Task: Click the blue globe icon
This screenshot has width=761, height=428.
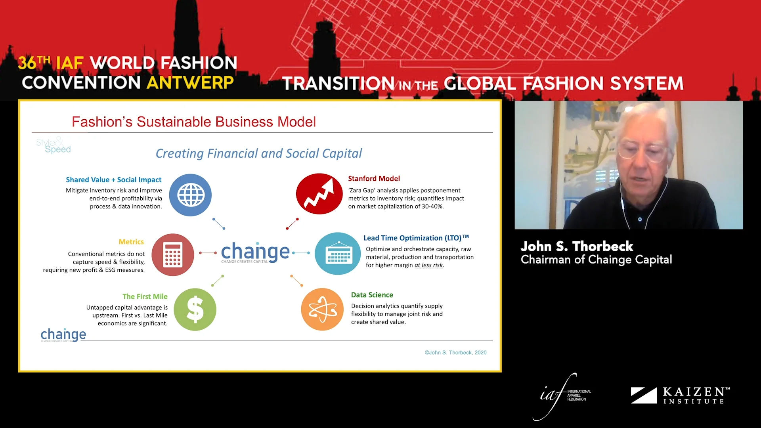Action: pos(190,195)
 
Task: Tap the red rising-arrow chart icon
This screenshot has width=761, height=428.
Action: pos(319,194)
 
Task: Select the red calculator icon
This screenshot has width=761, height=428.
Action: pos(173,254)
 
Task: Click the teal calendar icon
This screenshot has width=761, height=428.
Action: pos(338,254)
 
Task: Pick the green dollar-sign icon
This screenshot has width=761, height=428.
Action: pos(195,310)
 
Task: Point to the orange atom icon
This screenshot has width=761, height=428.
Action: pos(322,310)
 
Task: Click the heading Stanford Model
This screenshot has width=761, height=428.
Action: pos(374,179)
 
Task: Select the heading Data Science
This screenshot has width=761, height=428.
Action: pos(372,295)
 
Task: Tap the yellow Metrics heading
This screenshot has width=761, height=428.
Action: pos(131,242)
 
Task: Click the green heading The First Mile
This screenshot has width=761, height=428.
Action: pos(145,296)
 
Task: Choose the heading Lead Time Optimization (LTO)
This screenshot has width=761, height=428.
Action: pos(412,238)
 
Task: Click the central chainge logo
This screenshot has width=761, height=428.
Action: pos(255,252)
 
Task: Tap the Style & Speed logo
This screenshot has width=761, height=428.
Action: pos(53,145)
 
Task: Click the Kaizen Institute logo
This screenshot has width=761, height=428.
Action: pos(680,396)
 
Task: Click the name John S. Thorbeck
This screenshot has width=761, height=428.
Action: pos(577,246)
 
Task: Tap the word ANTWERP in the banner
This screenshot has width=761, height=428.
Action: pos(190,83)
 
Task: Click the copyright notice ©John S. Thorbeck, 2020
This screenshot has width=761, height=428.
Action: pos(455,353)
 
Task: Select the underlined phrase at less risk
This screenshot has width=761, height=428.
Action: pos(428,265)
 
